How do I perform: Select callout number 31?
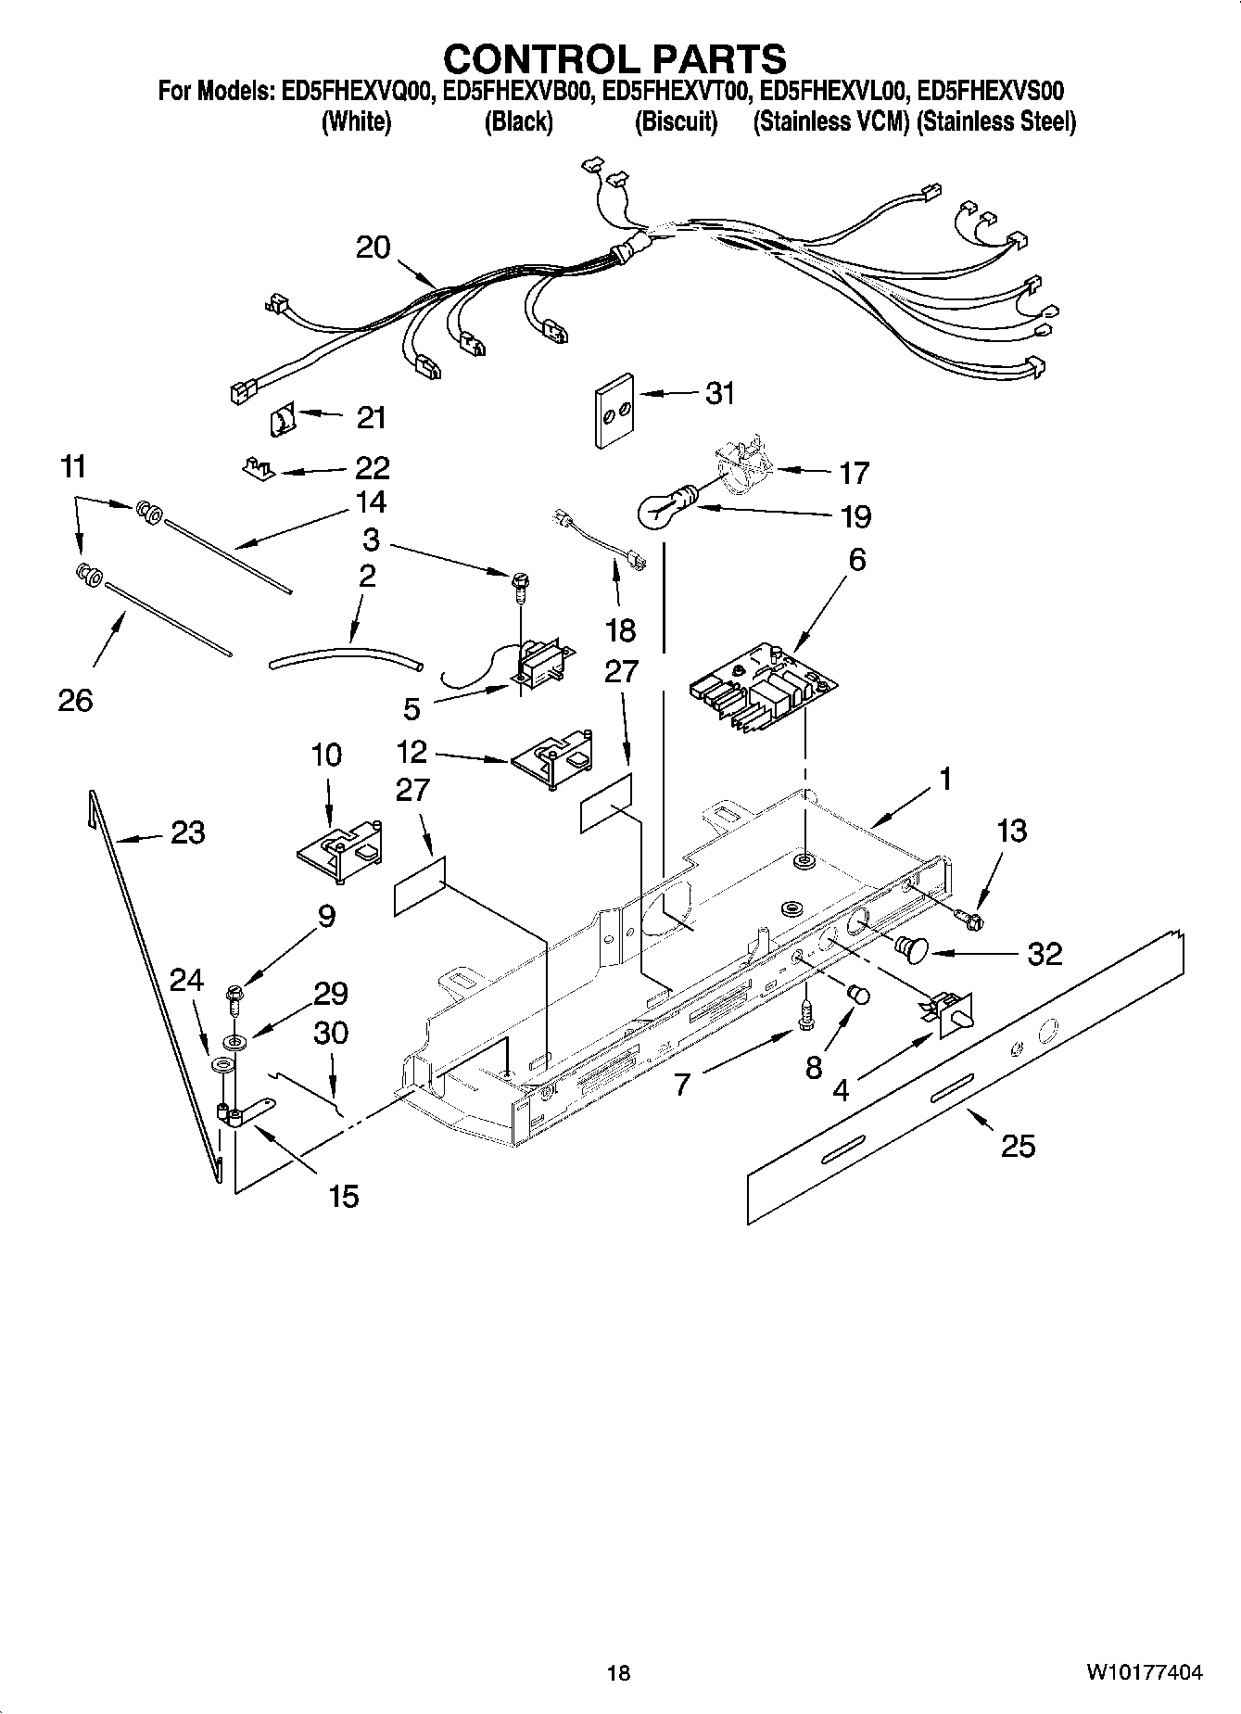click(719, 393)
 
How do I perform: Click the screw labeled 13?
click(971, 920)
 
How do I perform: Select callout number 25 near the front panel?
click(1018, 1147)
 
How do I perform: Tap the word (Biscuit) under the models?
click(676, 122)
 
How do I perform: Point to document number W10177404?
click(1145, 1672)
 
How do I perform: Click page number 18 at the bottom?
click(618, 1672)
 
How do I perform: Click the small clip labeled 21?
click(281, 421)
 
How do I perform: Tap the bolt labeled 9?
click(233, 1001)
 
